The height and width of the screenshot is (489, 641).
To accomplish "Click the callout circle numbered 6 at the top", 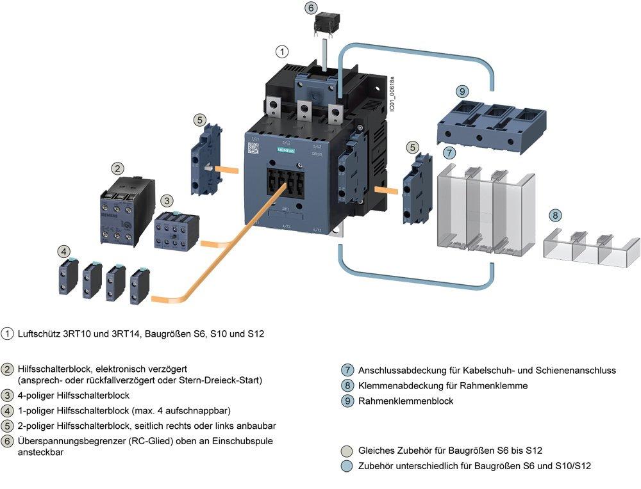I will pos(311,8).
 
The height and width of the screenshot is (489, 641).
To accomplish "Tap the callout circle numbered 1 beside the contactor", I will pos(282,51).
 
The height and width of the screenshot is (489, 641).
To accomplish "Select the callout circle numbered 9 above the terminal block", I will pos(463,92).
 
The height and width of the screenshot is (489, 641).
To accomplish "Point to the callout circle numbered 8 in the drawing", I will pos(555,215).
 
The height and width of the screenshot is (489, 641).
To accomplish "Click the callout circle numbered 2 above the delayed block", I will pos(117,168).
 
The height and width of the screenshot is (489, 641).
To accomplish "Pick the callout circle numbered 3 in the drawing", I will pos(166,200).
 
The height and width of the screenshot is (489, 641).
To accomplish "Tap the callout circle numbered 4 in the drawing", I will pos(63,251).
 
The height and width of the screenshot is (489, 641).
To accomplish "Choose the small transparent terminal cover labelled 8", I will pos(591,250).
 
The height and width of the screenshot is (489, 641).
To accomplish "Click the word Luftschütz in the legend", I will pos(40,334).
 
